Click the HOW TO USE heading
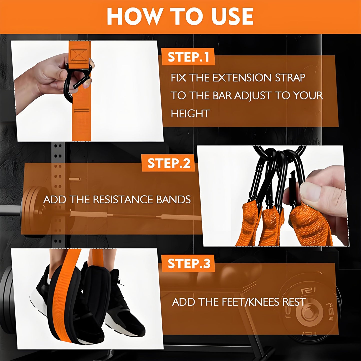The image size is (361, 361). [180, 16]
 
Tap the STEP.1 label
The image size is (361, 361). [188, 57]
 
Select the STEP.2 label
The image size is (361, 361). [169, 163]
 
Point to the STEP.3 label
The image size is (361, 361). [189, 264]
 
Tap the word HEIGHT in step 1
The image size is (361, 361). [190, 114]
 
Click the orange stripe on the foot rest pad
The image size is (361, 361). [64, 300]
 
